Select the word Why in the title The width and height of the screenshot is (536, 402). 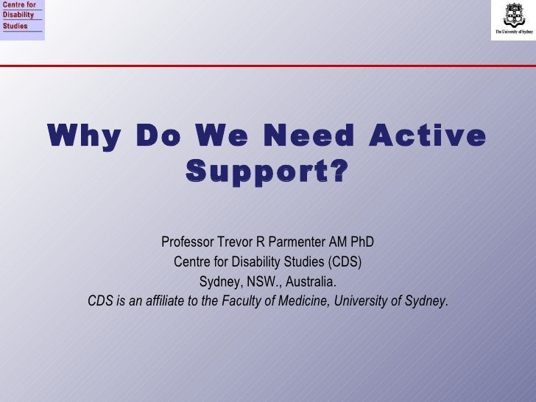82,137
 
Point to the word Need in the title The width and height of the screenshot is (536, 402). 314,137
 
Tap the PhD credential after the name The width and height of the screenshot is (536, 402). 362,242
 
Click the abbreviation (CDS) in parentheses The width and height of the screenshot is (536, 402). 345,262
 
